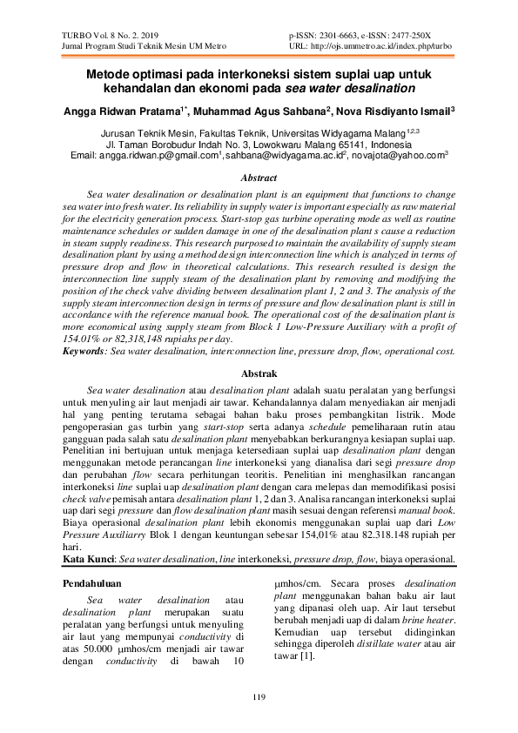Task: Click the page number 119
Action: coord(258,696)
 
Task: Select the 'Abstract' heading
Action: coord(258,177)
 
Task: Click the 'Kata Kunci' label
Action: coord(91,558)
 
